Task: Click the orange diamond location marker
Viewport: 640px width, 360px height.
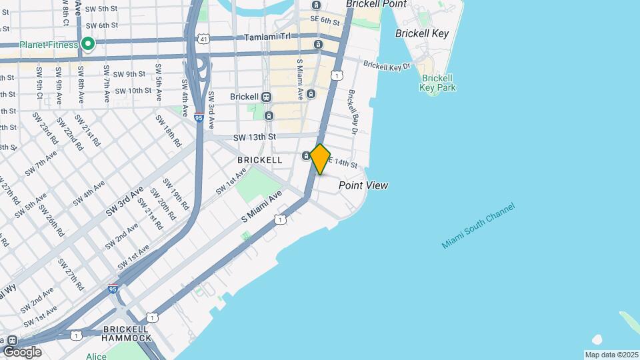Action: [x=320, y=159]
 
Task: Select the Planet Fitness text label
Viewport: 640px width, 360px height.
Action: [x=49, y=45]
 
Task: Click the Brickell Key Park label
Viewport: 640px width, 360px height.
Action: [x=438, y=83]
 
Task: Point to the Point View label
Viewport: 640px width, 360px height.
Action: [x=363, y=185]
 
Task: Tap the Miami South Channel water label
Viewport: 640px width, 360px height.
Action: [x=478, y=227]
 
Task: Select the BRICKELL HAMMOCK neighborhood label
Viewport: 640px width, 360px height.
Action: [x=127, y=334]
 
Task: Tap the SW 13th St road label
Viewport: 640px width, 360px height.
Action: [x=255, y=137]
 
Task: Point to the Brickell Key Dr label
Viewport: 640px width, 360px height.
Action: [x=386, y=66]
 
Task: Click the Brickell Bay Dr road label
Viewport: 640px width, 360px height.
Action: [x=353, y=113]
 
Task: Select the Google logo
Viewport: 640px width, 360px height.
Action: [x=22, y=351]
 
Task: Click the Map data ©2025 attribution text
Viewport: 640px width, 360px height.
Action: [x=611, y=355]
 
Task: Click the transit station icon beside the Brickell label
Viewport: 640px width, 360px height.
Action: [x=267, y=97]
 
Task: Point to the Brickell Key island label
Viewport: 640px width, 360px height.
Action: [x=421, y=33]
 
